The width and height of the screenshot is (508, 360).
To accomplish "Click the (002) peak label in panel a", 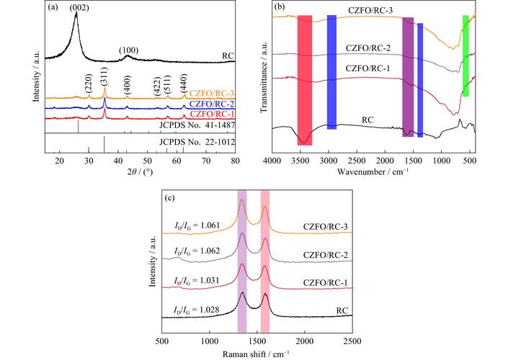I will tap(76, 9).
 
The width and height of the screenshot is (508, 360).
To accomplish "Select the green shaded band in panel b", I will tap(465, 55).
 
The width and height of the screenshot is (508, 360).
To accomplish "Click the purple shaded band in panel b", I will tap(408, 76).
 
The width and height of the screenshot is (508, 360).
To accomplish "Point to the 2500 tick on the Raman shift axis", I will tap(352, 341).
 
